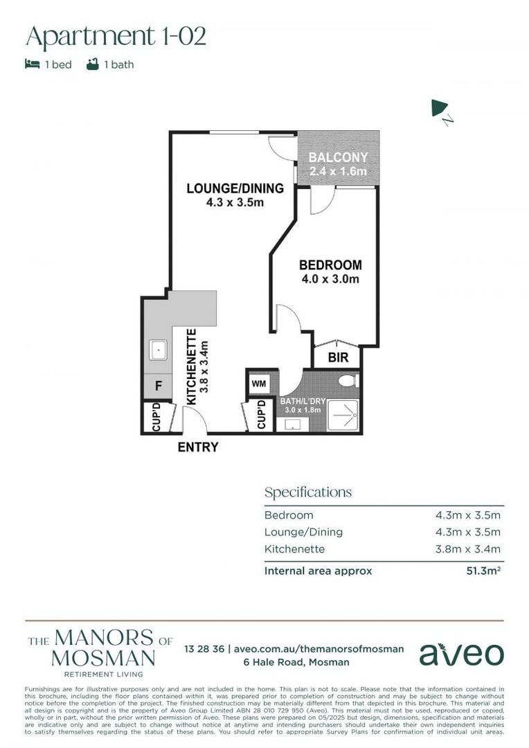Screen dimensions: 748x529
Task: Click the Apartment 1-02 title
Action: tap(116, 35)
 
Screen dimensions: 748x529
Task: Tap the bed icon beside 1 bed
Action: tap(32, 64)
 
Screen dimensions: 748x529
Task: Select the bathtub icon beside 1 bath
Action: tap(91, 64)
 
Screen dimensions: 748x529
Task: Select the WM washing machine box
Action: tap(258, 383)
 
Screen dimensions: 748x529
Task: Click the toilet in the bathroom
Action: tap(348, 381)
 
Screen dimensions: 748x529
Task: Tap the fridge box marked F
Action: tap(158, 386)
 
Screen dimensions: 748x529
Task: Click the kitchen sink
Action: tap(159, 351)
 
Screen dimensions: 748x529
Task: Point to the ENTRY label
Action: tap(198, 447)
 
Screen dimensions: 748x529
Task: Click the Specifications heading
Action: tap(307, 492)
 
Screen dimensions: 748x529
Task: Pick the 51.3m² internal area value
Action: tap(483, 571)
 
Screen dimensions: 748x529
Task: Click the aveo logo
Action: tap(461, 653)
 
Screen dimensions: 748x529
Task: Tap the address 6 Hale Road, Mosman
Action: tap(296, 662)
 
